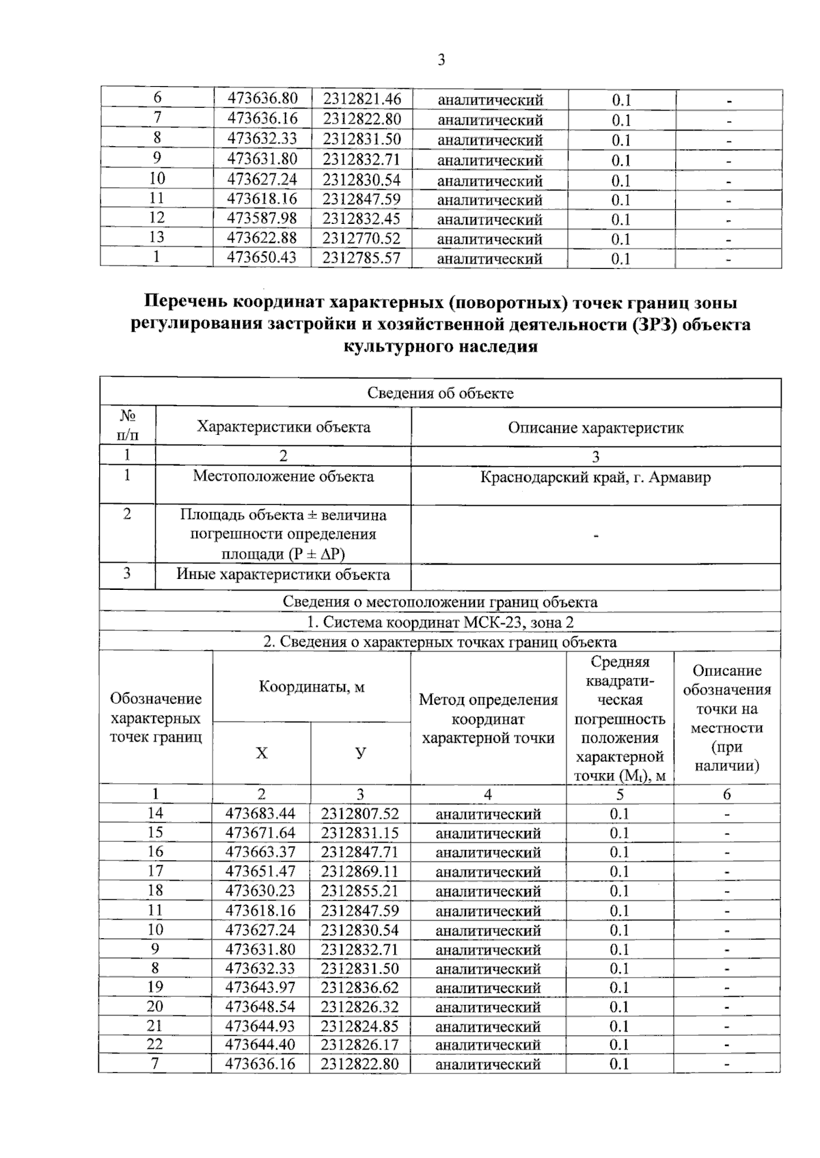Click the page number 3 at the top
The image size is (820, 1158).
[x=441, y=60]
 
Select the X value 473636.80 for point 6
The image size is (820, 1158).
[x=262, y=99]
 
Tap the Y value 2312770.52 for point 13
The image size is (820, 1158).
[x=361, y=238]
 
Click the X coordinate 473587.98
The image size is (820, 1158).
[x=262, y=218]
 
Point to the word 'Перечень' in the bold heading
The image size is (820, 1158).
[x=186, y=302]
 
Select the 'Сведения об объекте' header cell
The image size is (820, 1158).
[x=440, y=393]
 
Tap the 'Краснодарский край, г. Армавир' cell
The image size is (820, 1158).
[x=595, y=477]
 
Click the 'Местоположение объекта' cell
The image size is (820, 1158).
[x=283, y=477]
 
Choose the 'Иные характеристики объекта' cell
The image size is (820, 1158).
[x=283, y=574]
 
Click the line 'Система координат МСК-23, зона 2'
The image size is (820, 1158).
[x=440, y=622]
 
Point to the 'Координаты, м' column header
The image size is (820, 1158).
[x=311, y=687]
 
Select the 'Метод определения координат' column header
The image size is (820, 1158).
[x=488, y=718]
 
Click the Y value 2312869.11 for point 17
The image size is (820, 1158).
[x=360, y=871]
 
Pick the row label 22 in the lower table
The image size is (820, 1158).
[x=155, y=1044]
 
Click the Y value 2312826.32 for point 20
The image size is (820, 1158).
[x=360, y=1006]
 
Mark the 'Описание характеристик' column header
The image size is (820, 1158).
[x=595, y=428]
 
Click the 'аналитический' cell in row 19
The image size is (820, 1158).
[x=488, y=988]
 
